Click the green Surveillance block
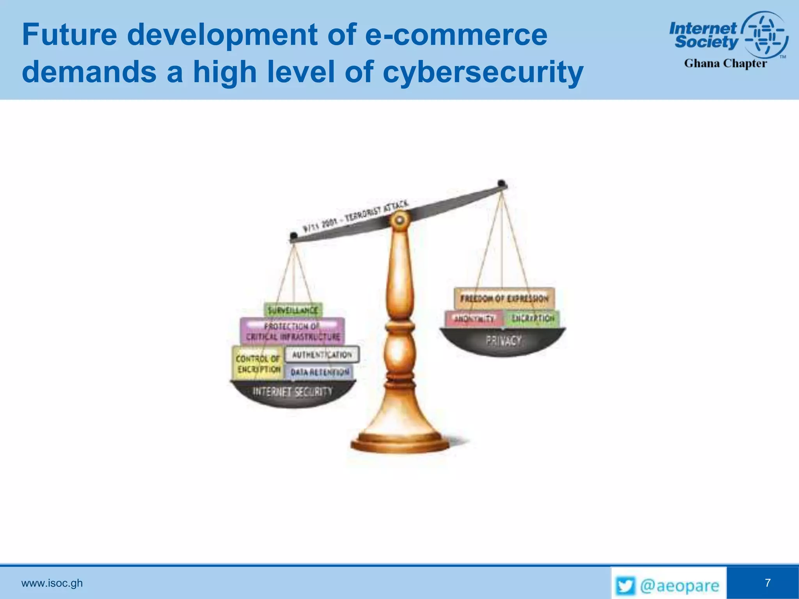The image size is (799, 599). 293,310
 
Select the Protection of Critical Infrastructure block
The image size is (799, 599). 292,331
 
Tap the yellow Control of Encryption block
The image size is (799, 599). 258,363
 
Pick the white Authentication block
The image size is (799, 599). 322,354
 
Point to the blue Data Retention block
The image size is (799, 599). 320,372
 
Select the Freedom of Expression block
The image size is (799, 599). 504,299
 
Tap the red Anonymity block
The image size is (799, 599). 474,319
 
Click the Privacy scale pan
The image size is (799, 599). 503,342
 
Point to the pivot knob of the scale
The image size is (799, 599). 399,221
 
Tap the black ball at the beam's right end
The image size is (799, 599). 502,183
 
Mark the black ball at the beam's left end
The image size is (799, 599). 293,236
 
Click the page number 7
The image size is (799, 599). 767,583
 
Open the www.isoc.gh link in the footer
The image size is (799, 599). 52,583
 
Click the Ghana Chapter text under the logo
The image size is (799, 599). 725,63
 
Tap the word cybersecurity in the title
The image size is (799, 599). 483,72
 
